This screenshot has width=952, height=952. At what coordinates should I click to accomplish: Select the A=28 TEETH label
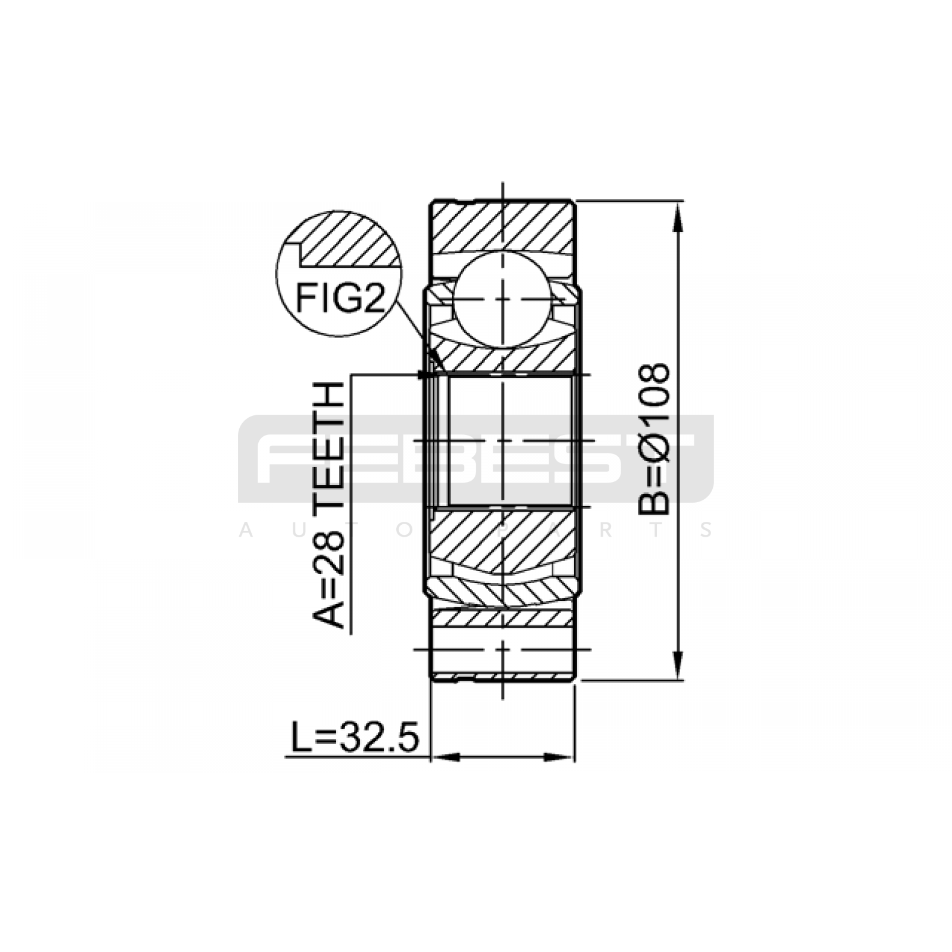(x=328, y=505)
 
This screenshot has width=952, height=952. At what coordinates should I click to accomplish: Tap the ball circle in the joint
(x=503, y=299)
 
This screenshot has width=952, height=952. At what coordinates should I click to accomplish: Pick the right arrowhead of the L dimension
(x=559, y=757)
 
